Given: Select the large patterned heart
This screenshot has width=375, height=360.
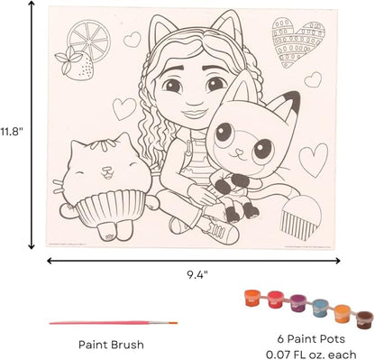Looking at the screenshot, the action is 297,42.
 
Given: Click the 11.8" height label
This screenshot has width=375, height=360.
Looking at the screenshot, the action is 12,132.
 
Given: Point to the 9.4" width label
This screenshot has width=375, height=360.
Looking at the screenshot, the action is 197,274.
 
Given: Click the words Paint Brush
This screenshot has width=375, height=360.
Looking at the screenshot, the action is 111,345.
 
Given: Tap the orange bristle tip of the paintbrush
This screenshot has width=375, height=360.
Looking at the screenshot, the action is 173,323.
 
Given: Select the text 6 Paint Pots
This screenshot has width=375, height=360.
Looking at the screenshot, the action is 311,339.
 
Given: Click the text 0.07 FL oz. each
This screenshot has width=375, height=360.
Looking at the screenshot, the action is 311,355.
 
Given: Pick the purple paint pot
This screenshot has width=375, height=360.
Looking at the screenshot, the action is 298,303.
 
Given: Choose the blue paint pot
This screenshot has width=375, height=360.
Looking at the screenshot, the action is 320,309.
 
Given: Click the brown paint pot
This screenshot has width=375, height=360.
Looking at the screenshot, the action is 364,320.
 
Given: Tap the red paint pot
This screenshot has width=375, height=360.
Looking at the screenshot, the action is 276,300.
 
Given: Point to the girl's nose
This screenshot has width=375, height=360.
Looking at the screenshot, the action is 189,101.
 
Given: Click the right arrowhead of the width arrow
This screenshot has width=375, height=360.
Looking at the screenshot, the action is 337,261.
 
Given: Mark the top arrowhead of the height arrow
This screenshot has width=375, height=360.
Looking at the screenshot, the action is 32,4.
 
